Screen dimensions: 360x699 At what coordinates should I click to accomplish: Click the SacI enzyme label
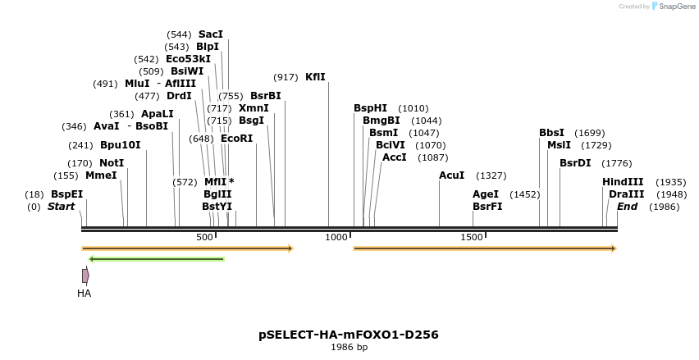pyautogui.click(x=211, y=34)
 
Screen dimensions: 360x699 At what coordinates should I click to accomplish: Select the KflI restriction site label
pyautogui.click(x=315, y=77)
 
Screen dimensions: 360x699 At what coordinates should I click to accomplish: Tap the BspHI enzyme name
pyautogui.click(x=370, y=108)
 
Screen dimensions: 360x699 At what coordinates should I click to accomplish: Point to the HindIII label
pyautogui.click(x=623, y=182)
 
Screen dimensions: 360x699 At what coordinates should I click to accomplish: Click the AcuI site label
pyautogui.click(x=451, y=175)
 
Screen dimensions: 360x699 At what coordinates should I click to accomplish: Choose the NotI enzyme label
pyautogui.click(x=112, y=163)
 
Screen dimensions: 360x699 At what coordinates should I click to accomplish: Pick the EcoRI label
pyautogui.click(x=236, y=139)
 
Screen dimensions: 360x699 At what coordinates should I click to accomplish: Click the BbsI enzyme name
pyautogui.click(x=551, y=133)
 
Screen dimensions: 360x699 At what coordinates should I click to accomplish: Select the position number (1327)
pyautogui.click(x=491, y=175)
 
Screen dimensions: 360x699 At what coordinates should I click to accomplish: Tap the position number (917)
pyautogui.click(x=286, y=77)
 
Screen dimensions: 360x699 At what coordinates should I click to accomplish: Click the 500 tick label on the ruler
pyautogui.click(x=204, y=237)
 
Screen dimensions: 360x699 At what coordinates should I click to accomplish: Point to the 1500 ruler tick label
pyautogui.click(x=472, y=237)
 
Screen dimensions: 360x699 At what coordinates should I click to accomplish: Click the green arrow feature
pyautogui.click(x=156, y=259)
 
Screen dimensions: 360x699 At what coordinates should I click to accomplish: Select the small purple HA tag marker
pyautogui.click(x=85, y=276)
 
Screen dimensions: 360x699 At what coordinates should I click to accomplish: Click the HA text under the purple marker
pyautogui.click(x=85, y=293)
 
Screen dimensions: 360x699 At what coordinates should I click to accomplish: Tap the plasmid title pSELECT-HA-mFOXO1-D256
pyautogui.click(x=349, y=335)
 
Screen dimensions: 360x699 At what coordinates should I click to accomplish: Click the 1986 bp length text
pyautogui.click(x=349, y=348)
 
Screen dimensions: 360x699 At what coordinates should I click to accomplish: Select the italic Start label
pyautogui.click(x=61, y=207)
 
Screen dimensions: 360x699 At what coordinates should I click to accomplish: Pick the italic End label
pyautogui.click(x=627, y=207)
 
